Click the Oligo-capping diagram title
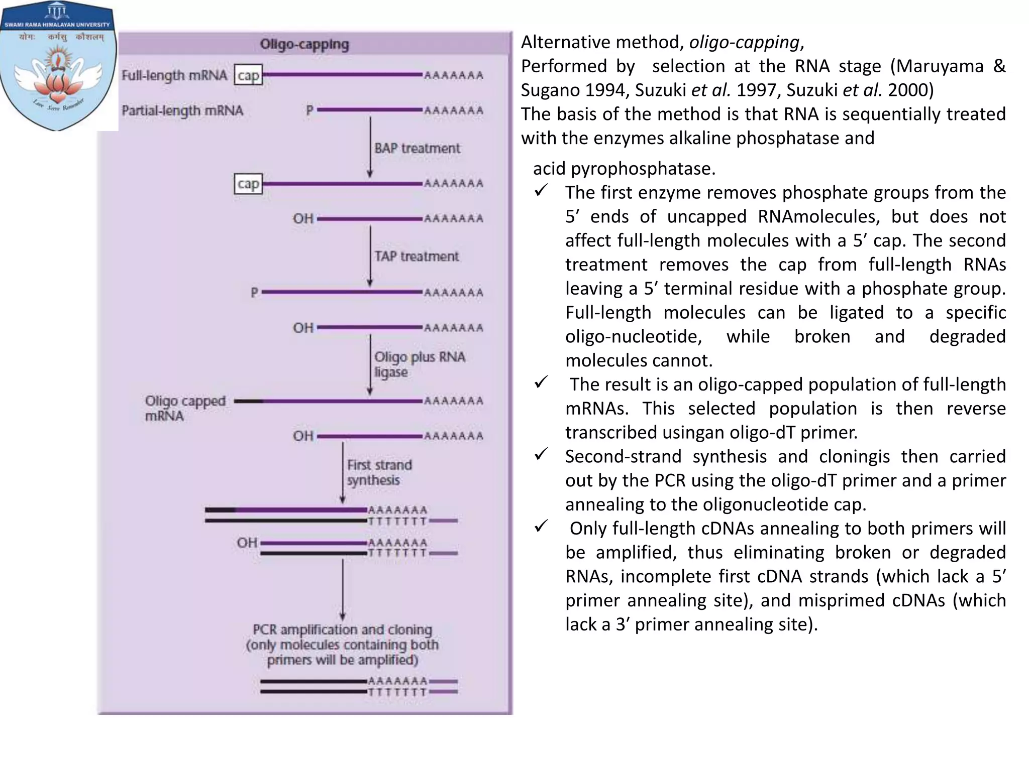(304, 44)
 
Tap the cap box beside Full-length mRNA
(248, 75)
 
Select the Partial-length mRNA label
(182, 110)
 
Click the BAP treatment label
(417, 148)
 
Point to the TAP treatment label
(417, 256)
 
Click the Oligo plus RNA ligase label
(419, 364)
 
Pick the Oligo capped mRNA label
(185, 408)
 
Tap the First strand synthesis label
(379, 472)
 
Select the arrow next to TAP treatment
(370, 256)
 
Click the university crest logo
(58, 68)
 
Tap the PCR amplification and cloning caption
(342, 645)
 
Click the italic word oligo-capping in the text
(744, 42)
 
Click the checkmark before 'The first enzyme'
(541, 191)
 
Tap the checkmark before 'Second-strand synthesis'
(541, 455)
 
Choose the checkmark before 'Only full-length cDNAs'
(541, 527)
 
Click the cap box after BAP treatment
(248, 184)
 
